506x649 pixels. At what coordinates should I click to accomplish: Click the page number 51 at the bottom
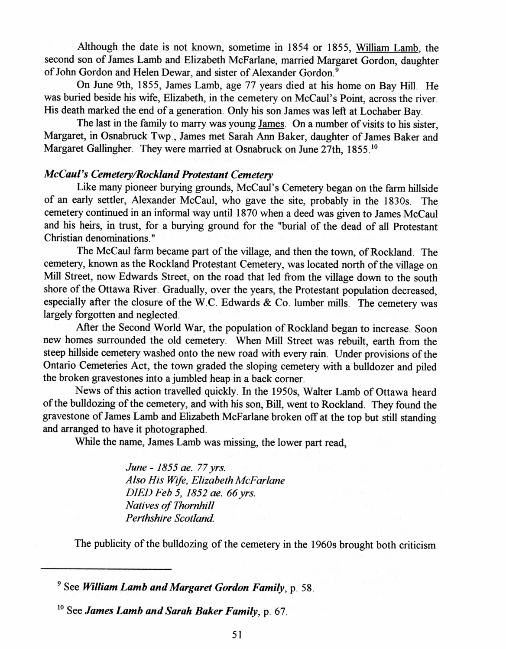point(237,634)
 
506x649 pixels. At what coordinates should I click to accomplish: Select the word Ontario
point(61,367)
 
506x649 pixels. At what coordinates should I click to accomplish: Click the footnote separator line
point(106,568)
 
